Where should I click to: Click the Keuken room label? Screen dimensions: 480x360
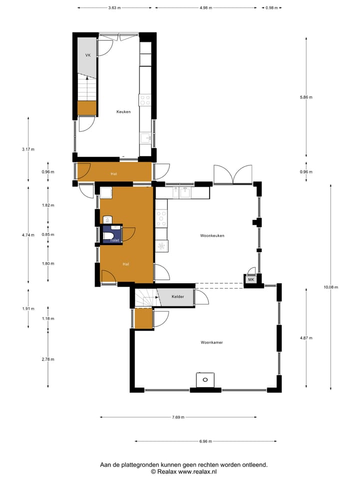tap(123, 111)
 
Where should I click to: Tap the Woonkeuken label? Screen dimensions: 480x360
tap(212, 235)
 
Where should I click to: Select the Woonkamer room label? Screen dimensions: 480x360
tap(211, 342)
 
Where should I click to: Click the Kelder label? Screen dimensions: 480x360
tap(178, 297)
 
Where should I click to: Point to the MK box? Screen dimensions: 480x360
tap(251, 280)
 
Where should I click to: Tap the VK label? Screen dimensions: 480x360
tap(88, 55)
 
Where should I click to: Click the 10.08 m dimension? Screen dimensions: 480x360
tap(330, 287)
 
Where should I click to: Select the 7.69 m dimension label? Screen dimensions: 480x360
tap(178, 417)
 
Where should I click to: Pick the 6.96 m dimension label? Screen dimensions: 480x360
tap(205, 441)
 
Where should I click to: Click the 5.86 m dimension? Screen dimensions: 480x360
tap(306, 97)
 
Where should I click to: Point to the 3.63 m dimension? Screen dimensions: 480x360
tap(114, 8)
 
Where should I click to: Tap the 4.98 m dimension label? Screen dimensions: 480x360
tap(205, 8)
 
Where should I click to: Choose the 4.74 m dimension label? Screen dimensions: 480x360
tap(28, 234)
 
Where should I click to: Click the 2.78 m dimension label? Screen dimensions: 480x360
tap(48, 359)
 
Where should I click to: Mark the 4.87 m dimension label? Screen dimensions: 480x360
tap(306, 338)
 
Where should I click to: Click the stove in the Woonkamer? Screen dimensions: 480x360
tap(204, 379)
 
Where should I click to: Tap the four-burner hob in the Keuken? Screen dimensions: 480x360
tap(145, 99)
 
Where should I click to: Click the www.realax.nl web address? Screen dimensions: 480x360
tap(197, 471)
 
